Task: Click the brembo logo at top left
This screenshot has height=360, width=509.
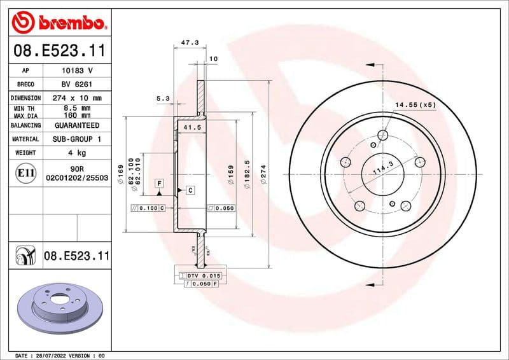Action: click(58, 22)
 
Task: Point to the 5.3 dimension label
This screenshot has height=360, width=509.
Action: click(163, 99)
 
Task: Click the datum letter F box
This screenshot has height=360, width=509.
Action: click(159, 183)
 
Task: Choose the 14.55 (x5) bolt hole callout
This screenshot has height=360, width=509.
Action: click(415, 104)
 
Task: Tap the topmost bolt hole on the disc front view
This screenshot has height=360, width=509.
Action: click(382, 135)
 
